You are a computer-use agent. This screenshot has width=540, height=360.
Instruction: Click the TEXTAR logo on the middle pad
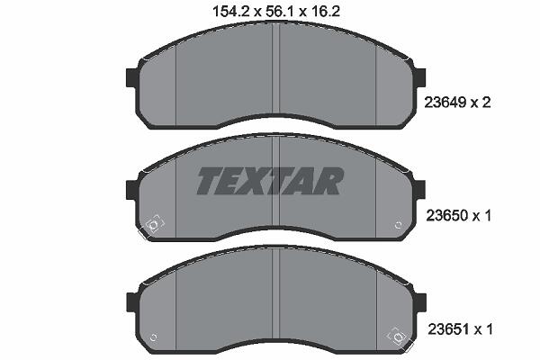click(270, 181)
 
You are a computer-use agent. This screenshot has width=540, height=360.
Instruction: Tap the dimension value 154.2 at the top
click(231, 12)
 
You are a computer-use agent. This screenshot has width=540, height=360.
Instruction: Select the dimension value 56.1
click(280, 12)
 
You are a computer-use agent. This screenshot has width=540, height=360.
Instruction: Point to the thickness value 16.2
click(325, 12)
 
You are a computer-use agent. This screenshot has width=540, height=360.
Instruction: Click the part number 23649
click(445, 103)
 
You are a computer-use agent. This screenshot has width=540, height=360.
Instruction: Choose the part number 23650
click(447, 216)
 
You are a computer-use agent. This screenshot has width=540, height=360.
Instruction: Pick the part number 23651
click(448, 329)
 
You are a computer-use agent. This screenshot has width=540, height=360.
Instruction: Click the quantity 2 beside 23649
click(486, 103)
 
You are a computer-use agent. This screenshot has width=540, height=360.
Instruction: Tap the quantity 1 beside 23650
click(487, 216)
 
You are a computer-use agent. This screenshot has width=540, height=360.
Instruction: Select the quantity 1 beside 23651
click(489, 329)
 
